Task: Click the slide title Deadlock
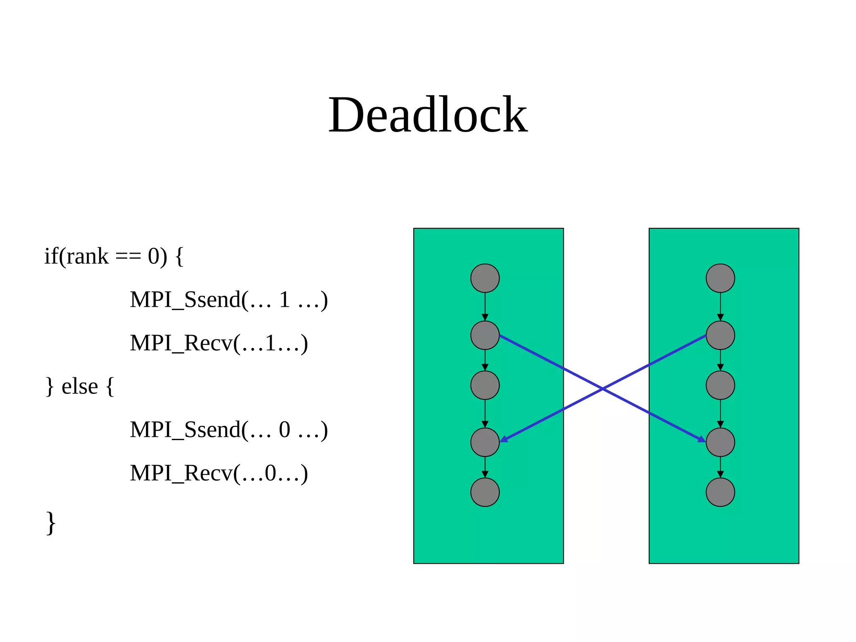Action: (428, 115)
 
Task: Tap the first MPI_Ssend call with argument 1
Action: (229, 300)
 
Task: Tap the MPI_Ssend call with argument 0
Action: (229, 430)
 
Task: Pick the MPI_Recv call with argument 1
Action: (219, 343)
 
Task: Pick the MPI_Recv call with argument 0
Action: (219, 473)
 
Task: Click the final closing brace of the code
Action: (51, 522)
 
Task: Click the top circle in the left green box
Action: (485, 278)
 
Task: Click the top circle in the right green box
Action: (720, 278)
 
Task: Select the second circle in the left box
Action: (485, 335)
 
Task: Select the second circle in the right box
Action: (720, 335)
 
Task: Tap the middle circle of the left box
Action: (485, 385)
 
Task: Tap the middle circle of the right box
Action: (720, 385)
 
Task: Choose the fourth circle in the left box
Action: (485, 442)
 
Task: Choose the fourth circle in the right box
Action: (720, 442)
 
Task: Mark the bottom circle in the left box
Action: (485, 492)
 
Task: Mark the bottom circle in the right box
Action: (720, 492)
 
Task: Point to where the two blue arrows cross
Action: (603, 389)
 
